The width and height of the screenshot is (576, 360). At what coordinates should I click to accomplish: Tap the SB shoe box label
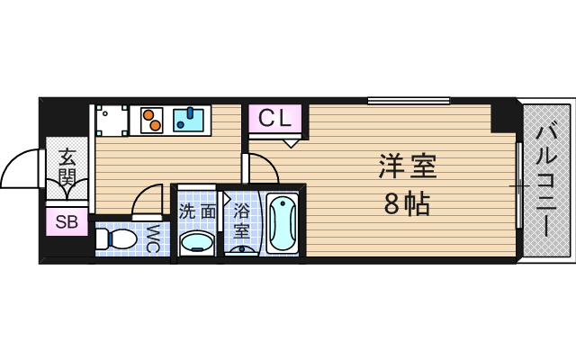66,221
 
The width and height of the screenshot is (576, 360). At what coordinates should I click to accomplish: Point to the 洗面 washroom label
196,212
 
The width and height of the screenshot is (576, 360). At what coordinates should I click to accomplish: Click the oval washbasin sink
197,242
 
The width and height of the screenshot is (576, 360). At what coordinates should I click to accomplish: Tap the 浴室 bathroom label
241,221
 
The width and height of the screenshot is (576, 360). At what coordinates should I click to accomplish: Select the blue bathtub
282,225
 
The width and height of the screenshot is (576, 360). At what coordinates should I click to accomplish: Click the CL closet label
275,118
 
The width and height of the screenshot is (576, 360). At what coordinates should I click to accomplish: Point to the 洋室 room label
407,167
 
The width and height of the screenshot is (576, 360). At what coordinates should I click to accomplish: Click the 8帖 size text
407,204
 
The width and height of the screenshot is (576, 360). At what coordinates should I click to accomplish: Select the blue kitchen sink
189,118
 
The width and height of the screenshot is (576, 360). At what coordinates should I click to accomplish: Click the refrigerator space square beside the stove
112,120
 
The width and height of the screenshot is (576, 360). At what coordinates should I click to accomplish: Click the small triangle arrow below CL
292,141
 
